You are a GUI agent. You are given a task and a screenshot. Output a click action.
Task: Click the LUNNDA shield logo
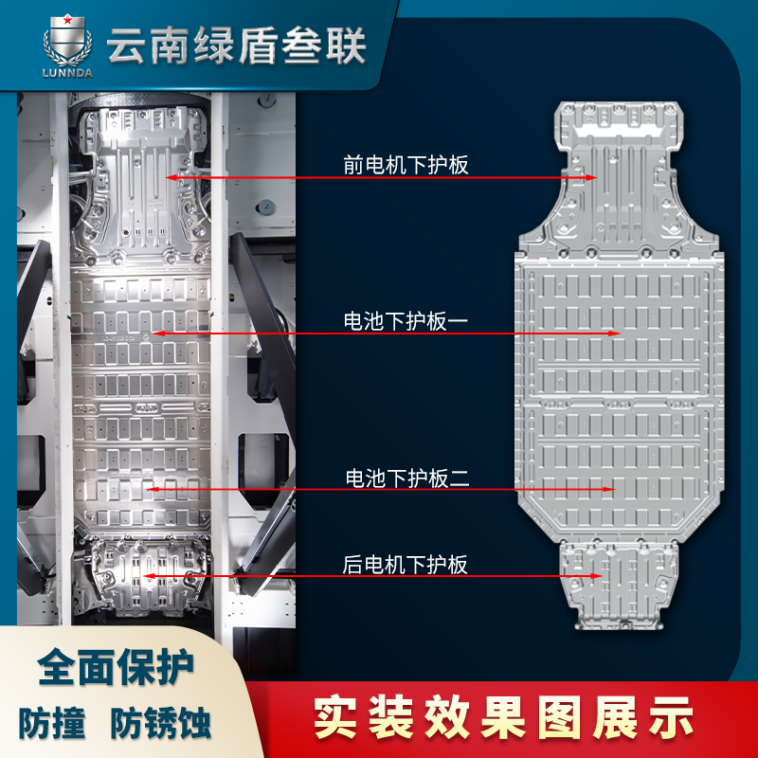click(x=67, y=45)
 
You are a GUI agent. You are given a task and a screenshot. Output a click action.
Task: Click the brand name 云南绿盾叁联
click(x=236, y=45)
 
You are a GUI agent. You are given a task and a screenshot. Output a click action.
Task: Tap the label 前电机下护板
click(x=406, y=165)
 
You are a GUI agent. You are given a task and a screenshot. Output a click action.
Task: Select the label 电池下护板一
click(x=406, y=321)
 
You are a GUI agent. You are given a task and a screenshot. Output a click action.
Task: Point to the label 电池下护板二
click(x=407, y=478)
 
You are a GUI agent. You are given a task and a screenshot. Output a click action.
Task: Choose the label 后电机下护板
click(x=406, y=565)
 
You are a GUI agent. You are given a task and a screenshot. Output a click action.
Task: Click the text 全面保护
click(x=116, y=667)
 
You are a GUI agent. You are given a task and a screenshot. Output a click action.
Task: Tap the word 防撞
click(x=52, y=723)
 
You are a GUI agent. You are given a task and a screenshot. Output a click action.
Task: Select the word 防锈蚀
click(x=160, y=723)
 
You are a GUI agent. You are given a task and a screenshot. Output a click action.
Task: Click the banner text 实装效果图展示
click(x=503, y=717)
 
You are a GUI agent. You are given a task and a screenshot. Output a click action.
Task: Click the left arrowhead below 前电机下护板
click(x=171, y=178)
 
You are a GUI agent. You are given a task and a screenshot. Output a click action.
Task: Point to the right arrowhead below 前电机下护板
click(x=591, y=178)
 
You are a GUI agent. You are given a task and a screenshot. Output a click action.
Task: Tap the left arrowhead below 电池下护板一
click(x=157, y=334)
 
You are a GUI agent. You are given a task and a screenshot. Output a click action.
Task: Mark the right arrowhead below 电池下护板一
click(x=614, y=334)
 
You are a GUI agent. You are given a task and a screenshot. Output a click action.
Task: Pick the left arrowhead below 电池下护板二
click(x=152, y=489)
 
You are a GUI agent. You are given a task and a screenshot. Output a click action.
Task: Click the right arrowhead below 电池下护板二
click(x=609, y=489)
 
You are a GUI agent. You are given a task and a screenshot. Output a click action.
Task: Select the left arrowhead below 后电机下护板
click(x=149, y=576)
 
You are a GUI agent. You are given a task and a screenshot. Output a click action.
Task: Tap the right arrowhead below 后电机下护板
click(x=597, y=576)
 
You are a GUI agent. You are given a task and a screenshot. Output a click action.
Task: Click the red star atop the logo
click(x=67, y=20)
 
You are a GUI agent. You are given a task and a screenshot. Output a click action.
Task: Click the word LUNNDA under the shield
click(x=67, y=74)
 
